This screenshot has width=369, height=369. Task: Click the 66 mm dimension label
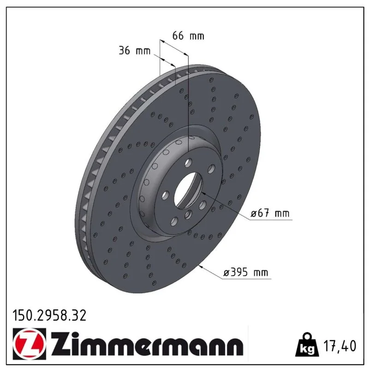(188, 36)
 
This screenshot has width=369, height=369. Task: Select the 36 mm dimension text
(134, 51)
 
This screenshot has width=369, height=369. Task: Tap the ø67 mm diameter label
(270, 214)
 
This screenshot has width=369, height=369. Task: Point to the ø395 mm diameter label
(246, 273)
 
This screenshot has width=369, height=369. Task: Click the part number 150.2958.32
(49, 315)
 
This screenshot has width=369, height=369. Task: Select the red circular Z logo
(30, 344)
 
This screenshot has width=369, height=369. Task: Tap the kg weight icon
(307, 345)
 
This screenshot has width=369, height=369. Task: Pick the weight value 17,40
(340, 346)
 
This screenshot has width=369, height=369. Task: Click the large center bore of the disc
(188, 190)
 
